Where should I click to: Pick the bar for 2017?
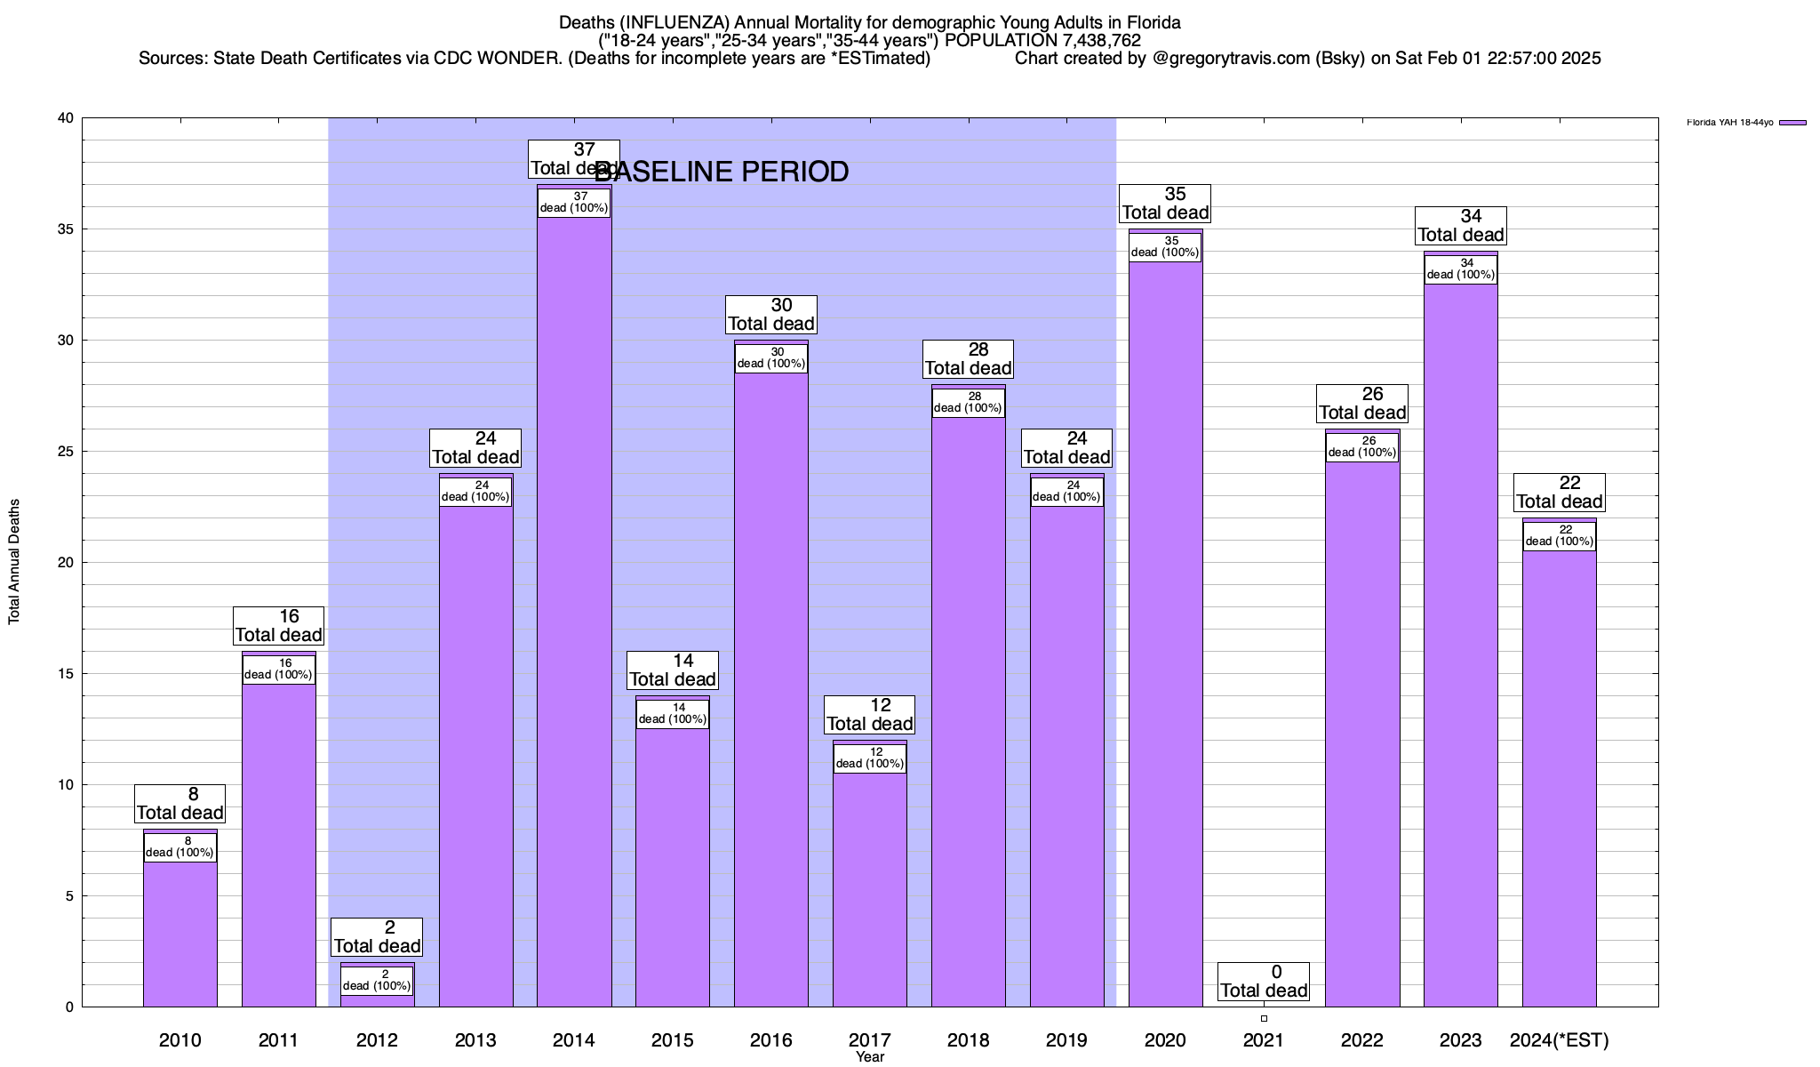point(869,889)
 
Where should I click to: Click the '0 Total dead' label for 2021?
point(1263,982)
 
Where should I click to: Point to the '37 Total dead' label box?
point(573,159)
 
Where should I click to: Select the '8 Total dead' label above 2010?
point(180,804)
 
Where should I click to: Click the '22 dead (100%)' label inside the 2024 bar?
point(1559,536)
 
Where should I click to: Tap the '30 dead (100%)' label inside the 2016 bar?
point(771,357)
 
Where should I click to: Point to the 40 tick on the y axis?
point(66,118)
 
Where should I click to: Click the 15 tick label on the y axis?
point(66,674)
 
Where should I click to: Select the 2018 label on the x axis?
point(968,1040)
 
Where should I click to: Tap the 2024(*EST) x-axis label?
point(1559,1040)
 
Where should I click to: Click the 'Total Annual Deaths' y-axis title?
point(14,562)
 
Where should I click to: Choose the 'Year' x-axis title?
point(870,1057)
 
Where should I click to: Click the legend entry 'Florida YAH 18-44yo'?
point(1729,123)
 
